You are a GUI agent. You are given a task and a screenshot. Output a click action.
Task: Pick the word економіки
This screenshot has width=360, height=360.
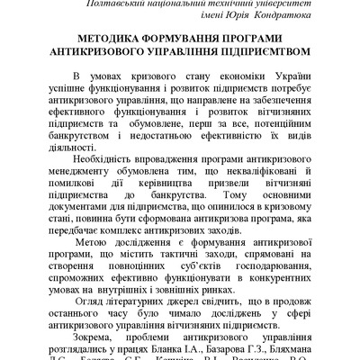pyautogui.click(x=221, y=78)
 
